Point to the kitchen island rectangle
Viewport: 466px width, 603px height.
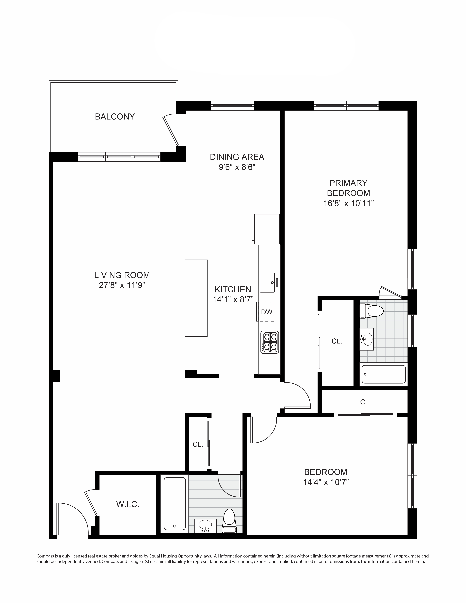coord(196,298)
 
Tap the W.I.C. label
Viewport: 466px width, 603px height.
coord(128,504)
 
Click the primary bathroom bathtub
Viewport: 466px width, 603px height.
coord(383,374)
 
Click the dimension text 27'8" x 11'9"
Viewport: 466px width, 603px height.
coord(122,285)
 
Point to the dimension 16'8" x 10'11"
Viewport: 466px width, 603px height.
coord(348,203)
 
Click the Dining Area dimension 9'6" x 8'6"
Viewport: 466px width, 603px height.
coord(237,167)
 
